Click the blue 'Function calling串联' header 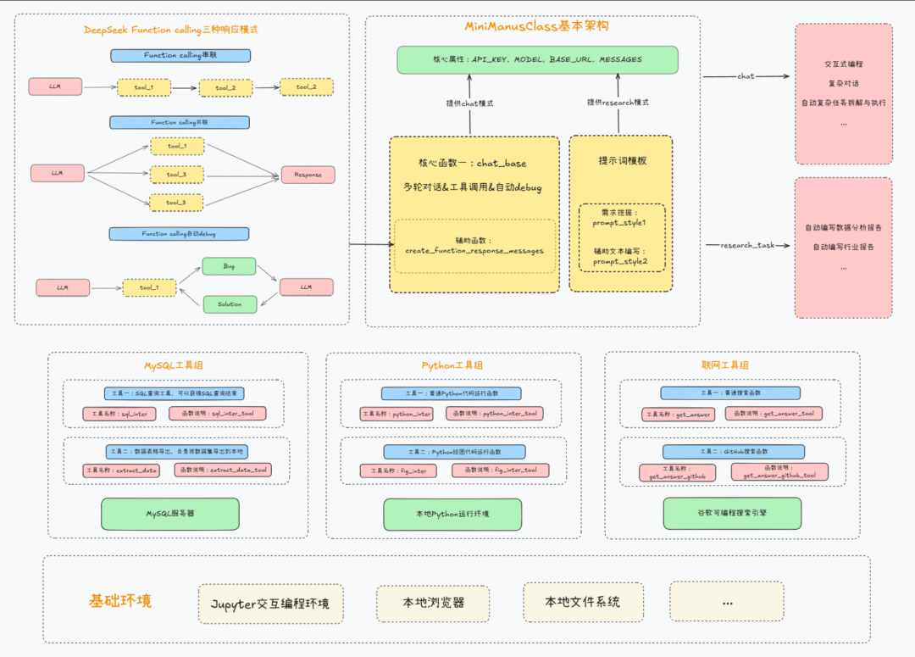tap(180, 56)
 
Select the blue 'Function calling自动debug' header tap(179, 233)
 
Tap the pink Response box tap(308, 175)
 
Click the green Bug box tap(229, 266)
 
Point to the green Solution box tap(229, 303)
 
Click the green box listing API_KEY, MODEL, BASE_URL tap(538, 59)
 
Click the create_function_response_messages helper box tap(474, 246)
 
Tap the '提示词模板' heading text tap(622, 160)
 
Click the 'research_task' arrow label tap(747, 246)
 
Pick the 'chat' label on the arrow tap(746, 76)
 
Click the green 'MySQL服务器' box tap(169, 513)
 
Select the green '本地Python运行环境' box tap(454, 514)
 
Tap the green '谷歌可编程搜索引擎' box tap(732, 513)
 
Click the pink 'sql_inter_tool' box tap(218, 414)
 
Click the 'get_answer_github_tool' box tap(779, 472)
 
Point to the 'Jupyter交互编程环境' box tap(271, 604)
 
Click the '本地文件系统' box tap(583, 602)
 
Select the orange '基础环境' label tap(120, 601)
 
